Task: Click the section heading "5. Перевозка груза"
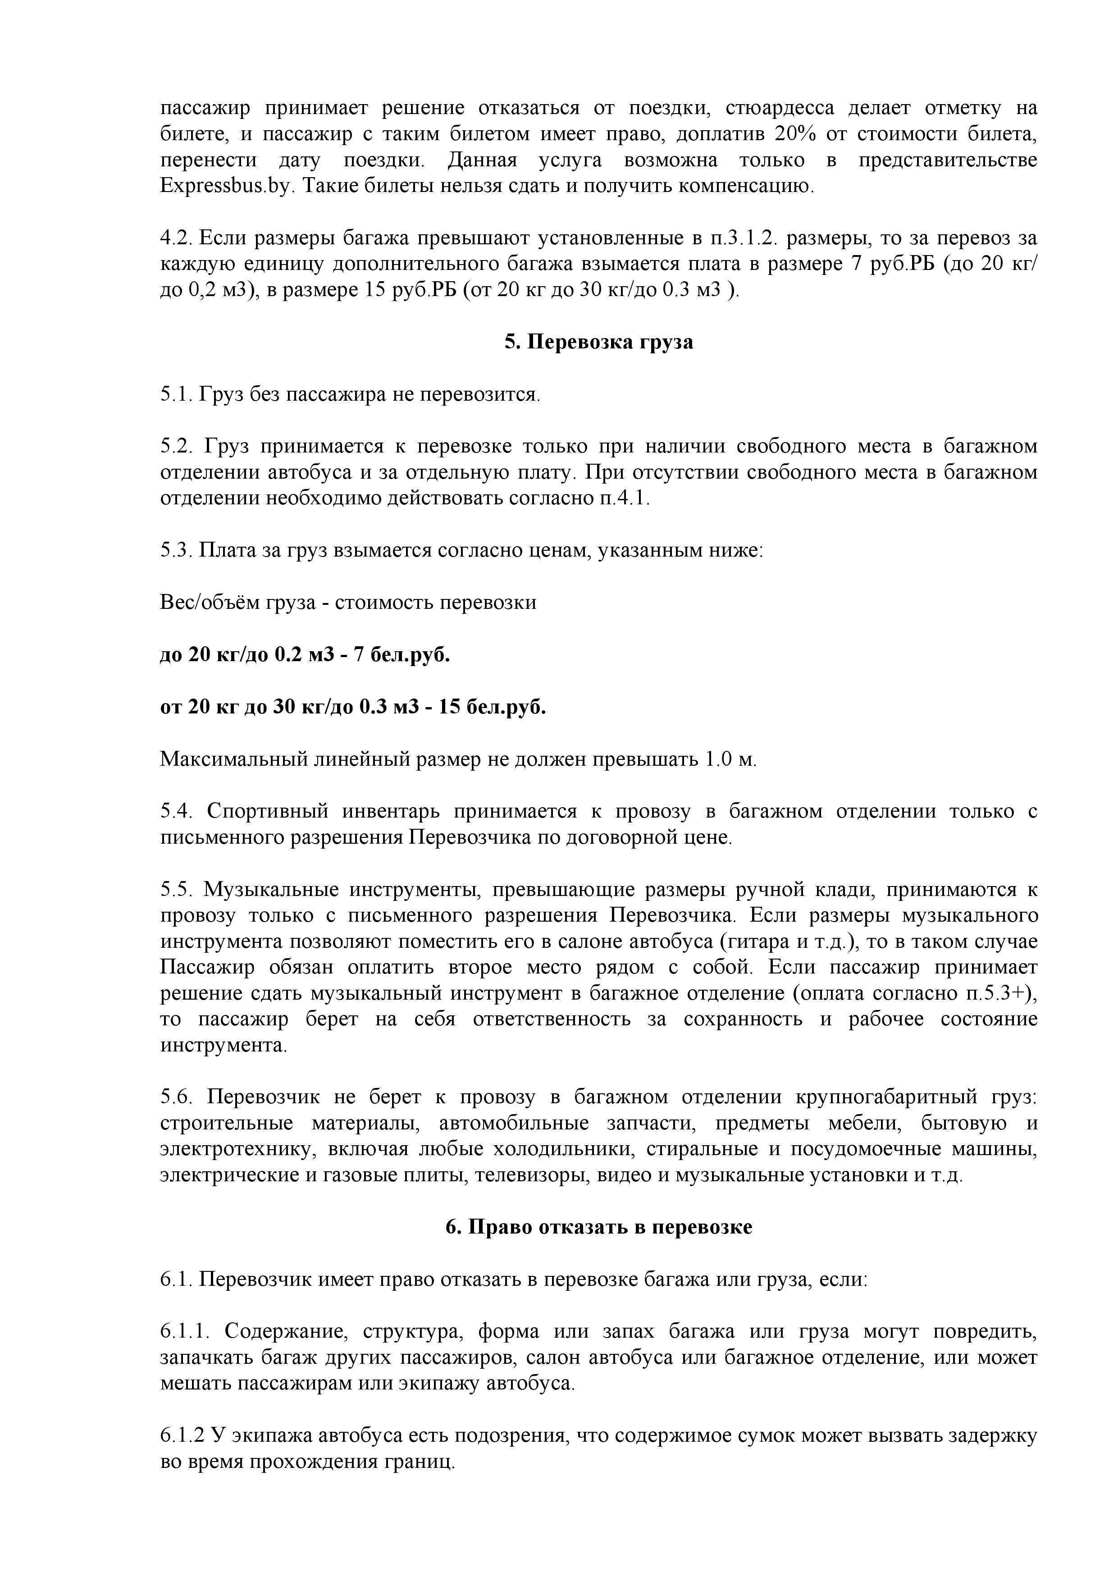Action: (x=598, y=342)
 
